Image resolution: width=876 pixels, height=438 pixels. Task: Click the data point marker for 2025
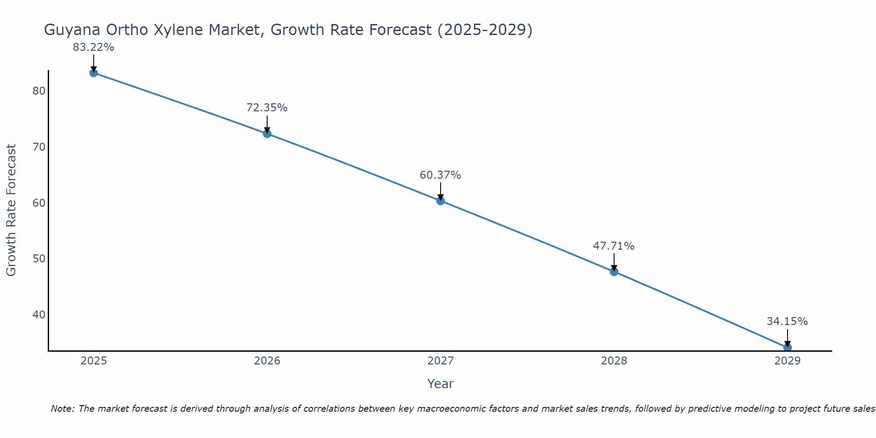coord(93,73)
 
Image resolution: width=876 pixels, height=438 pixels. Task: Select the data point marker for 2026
coord(267,134)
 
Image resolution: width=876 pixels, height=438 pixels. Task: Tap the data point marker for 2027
coord(440,201)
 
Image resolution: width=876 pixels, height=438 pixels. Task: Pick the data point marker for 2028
coord(614,272)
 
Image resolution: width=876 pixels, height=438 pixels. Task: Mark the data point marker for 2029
coord(787,347)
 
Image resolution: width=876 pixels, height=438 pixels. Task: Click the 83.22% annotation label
coord(93,47)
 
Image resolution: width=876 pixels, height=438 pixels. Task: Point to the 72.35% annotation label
coord(267,108)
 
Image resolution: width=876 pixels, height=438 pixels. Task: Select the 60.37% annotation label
coord(440,175)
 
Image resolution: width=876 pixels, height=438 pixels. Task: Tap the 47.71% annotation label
coord(614,246)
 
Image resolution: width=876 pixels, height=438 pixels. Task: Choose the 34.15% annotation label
coord(787,321)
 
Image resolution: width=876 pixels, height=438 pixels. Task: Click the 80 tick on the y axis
coord(39,91)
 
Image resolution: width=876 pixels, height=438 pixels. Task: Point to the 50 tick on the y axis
coord(39,259)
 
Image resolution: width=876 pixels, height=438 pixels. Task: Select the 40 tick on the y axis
coord(39,315)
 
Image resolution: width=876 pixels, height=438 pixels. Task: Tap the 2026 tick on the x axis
coord(267,361)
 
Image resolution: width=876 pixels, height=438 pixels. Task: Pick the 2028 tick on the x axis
coord(614,361)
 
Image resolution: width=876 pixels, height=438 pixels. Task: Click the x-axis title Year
coord(440,384)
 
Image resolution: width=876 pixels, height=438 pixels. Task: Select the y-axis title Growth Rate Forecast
coord(11,210)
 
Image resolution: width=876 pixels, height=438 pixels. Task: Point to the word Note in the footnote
coord(63,409)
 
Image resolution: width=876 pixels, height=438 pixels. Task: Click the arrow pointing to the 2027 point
coord(440,191)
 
